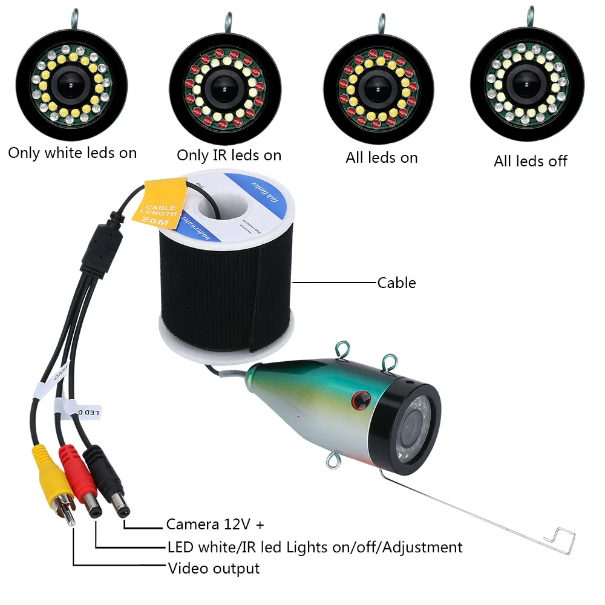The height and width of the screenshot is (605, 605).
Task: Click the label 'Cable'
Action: coord(396,283)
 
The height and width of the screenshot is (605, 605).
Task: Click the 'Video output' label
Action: coord(214,568)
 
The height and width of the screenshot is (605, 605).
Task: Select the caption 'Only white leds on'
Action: coord(72,153)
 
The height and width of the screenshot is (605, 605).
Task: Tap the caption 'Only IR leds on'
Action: coord(229,155)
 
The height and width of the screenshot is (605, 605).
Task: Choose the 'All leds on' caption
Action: coord(381,158)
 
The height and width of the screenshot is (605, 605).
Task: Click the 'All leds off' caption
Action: coord(531,161)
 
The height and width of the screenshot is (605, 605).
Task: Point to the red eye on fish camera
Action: coord(362,397)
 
